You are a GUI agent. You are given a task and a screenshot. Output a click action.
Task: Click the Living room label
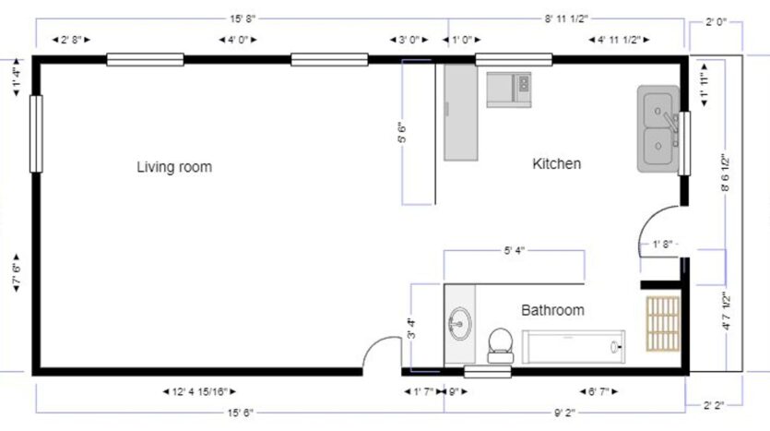174,167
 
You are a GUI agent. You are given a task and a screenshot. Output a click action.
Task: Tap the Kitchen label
557,164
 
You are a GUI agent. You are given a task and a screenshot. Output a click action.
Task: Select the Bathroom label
552,310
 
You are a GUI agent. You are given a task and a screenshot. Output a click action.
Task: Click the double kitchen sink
657,129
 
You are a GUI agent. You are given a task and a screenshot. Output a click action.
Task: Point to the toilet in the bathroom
500,343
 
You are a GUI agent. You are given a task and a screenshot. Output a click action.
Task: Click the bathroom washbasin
459,324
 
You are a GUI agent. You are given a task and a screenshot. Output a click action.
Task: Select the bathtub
574,347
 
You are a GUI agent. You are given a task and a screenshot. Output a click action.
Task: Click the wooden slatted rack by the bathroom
663,324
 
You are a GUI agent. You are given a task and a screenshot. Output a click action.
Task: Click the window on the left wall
36,133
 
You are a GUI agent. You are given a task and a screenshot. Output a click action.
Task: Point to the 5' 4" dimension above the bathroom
515,250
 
